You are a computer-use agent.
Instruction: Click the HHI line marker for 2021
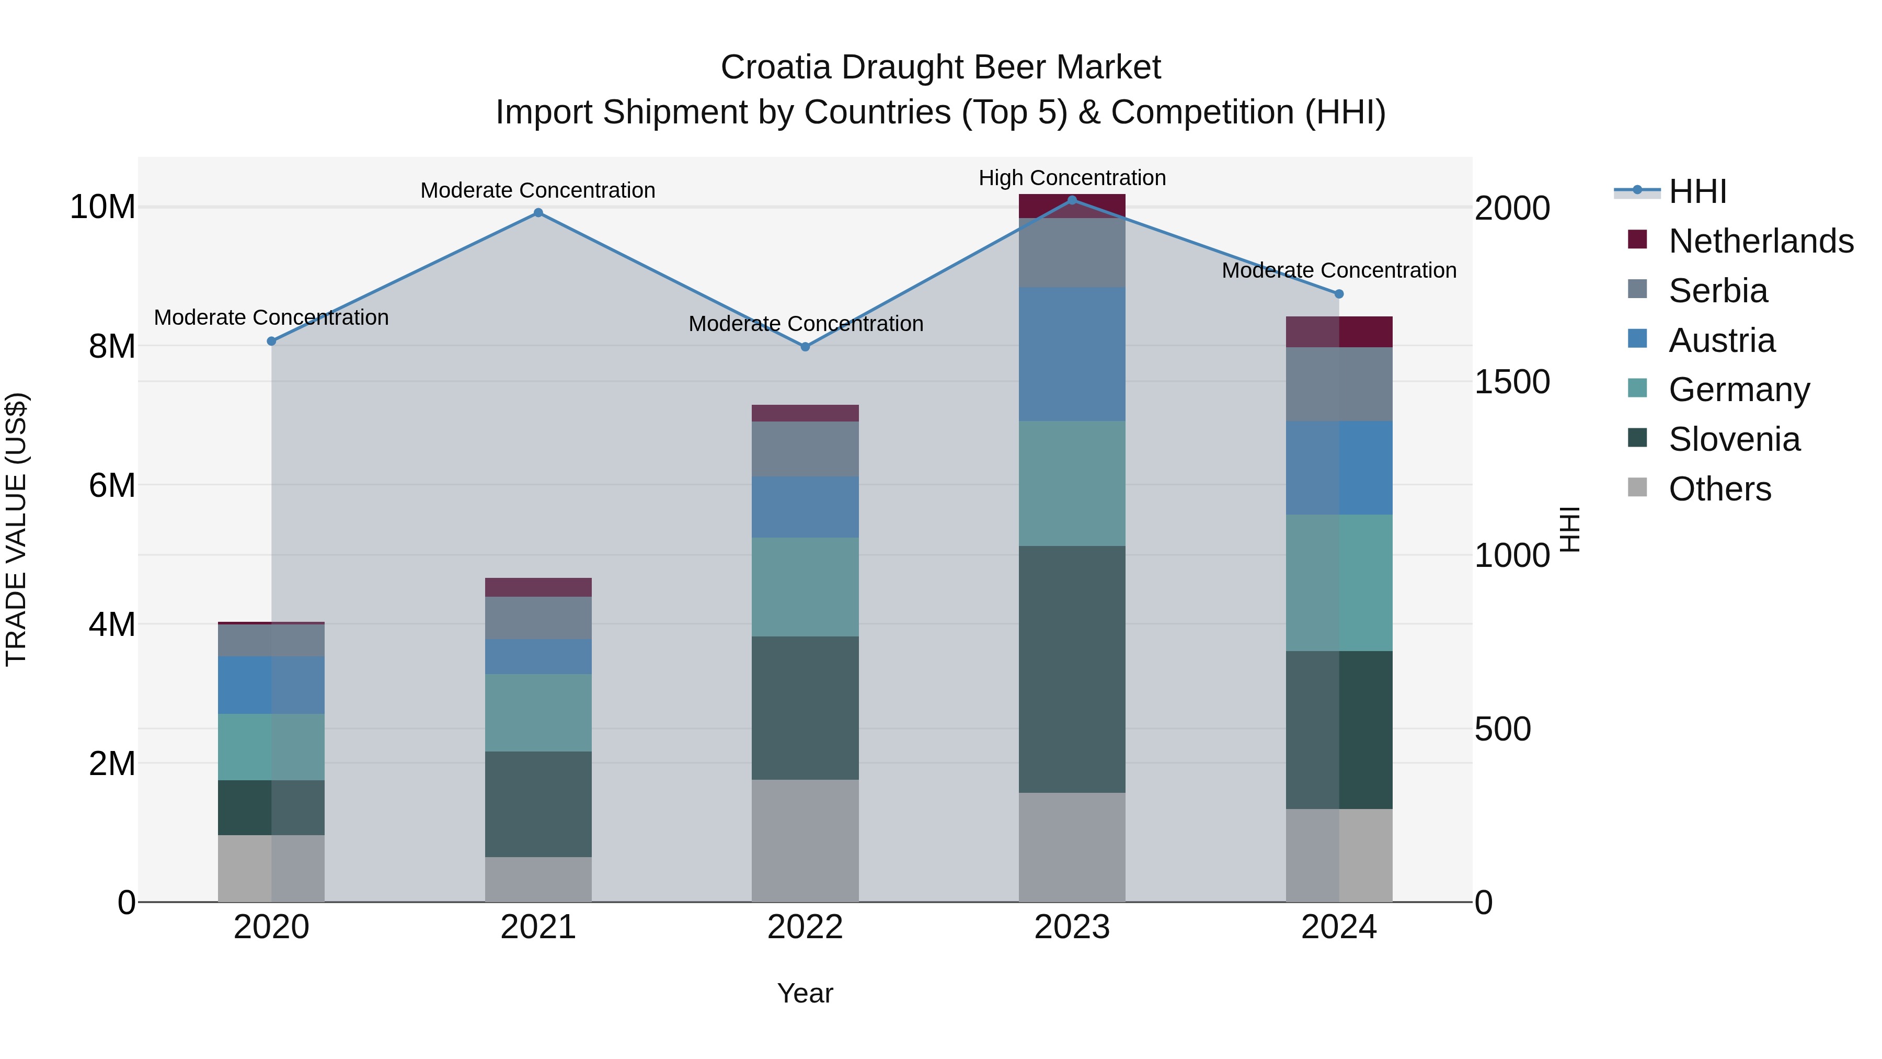click(x=538, y=213)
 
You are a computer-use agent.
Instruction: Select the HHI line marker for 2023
click(x=1072, y=200)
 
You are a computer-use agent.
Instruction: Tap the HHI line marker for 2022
click(x=805, y=347)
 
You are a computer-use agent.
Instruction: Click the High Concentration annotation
click(x=1072, y=178)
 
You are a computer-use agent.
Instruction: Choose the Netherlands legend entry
click(x=1761, y=241)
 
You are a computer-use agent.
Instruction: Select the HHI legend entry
click(x=1697, y=191)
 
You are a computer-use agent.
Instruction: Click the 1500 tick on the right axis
click(x=1511, y=382)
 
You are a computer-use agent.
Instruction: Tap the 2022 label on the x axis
click(x=805, y=927)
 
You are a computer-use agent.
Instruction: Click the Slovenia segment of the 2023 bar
click(x=1072, y=669)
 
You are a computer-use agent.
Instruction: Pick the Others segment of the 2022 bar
click(x=805, y=840)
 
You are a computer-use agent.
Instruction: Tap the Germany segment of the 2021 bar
click(x=538, y=713)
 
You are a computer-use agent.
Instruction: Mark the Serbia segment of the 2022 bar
click(x=805, y=449)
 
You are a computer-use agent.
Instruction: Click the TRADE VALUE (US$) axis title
click(x=16, y=529)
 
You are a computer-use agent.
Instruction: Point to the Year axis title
click(x=805, y=993)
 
